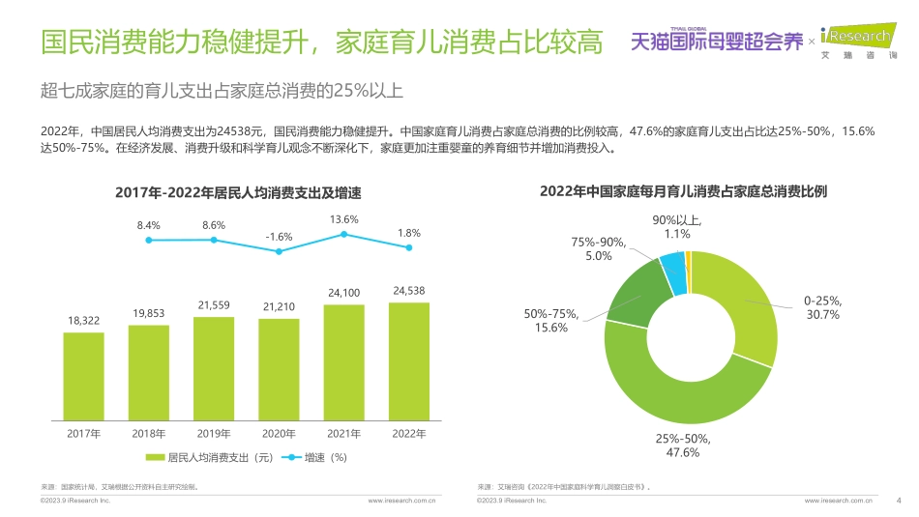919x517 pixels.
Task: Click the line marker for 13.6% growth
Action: pos(344,235)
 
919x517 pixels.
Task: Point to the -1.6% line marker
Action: pos(279,251)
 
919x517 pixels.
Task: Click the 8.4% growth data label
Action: pos(148,225)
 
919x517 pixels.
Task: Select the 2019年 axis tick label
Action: pos(214,433)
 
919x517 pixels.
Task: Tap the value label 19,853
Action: pos(148,313)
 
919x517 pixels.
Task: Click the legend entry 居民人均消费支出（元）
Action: pos(202,457)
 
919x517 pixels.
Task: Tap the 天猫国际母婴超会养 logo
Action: pos(716,42)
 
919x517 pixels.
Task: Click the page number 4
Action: pos(899,501)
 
